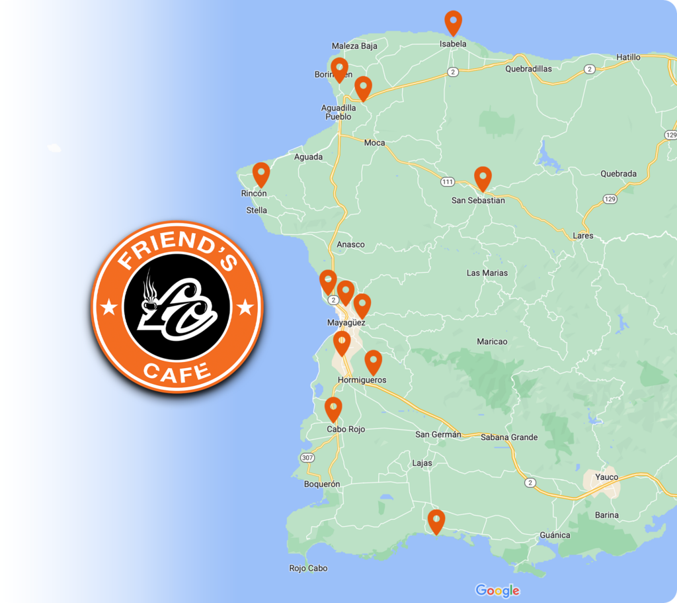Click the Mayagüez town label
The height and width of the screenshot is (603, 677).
pyautogui.click(x=346, y=323)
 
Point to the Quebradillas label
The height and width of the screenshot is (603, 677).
pyautogui.click(x=528, y=68)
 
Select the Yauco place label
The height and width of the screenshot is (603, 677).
pyautogui.click(x=606, y=477)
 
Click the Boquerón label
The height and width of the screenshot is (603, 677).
pyautogui.click(x=322, y=484)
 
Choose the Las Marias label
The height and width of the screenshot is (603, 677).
pyautogui.click(x=487, y=273)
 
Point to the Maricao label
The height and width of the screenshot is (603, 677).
pyautogui.click(x=492, y=342)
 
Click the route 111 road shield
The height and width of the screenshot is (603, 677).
pyautogui.click(x=448, y=181)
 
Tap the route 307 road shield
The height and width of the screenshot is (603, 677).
pyautogui.click(x=307, y=457)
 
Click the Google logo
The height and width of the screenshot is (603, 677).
pyautogui.click(x=497, y=590)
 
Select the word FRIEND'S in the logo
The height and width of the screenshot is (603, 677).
pyautogui.click(x=177, y=251)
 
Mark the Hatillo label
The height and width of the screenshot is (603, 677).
pyautogui.click(x=628, y=58)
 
